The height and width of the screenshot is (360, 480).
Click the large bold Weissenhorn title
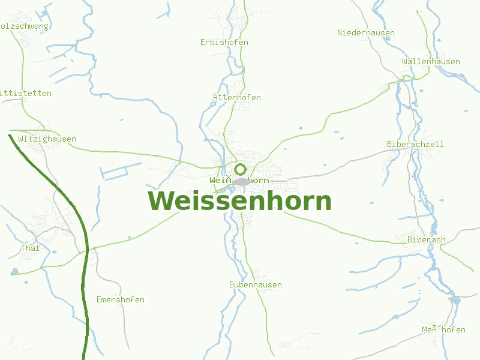239,201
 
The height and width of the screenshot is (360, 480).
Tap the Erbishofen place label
224,43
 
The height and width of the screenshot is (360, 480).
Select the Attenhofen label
236,97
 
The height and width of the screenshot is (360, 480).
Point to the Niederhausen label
365,32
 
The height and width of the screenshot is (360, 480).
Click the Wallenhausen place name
431,61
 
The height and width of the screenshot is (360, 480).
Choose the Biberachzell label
415,144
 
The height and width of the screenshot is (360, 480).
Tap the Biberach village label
426,240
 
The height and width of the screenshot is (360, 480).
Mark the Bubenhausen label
255,284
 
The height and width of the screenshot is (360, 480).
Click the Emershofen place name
120,299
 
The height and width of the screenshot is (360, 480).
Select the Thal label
29,248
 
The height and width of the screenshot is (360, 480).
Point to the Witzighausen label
47,139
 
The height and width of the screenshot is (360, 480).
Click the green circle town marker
241,169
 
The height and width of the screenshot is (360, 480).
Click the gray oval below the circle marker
241,182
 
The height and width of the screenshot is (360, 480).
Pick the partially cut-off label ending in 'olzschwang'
24,26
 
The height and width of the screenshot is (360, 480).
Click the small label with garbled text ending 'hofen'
443,329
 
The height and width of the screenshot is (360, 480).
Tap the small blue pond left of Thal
14,272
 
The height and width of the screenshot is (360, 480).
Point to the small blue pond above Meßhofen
454,299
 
